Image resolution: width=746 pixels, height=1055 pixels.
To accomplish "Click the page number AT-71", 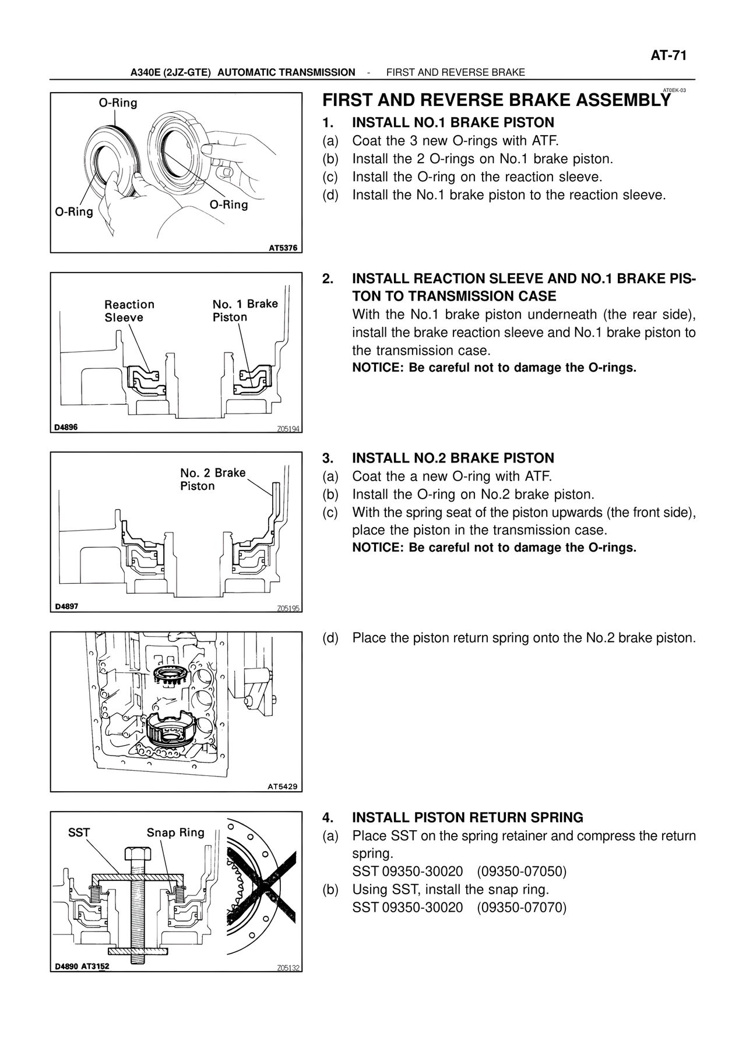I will pos(668,55).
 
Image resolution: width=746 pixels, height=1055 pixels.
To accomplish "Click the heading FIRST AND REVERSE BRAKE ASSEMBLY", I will pos(496,101).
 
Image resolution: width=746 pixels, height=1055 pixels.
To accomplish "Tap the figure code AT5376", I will pos(283,248).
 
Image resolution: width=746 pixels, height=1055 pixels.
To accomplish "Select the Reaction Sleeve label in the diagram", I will pos(129,311).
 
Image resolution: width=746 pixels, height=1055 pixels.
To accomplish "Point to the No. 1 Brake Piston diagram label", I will pos(245,310).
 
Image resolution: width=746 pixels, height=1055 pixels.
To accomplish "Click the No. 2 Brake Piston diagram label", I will pos(213,479).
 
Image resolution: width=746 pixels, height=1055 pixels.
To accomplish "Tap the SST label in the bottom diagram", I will pos(79,832).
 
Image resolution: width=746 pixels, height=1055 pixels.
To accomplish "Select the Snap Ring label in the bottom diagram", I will pos(175,832).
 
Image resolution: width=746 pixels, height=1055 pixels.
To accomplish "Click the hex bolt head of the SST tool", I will pos(138,853).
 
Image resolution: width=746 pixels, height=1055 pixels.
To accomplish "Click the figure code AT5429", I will pos(283,786).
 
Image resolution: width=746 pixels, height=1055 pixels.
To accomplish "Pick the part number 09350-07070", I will pos(522,908).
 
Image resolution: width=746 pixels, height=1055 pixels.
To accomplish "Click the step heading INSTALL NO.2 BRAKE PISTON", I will pos(453,458).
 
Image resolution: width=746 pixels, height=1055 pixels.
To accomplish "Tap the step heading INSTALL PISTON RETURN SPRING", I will pos(467,817).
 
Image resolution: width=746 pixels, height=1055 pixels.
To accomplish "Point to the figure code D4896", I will pos(66,427).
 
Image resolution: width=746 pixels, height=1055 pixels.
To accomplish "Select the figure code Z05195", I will pos(288,608).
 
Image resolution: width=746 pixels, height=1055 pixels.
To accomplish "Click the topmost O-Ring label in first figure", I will pos(118,103).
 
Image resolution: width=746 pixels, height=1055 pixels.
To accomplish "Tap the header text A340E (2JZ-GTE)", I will pos(170,72).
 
